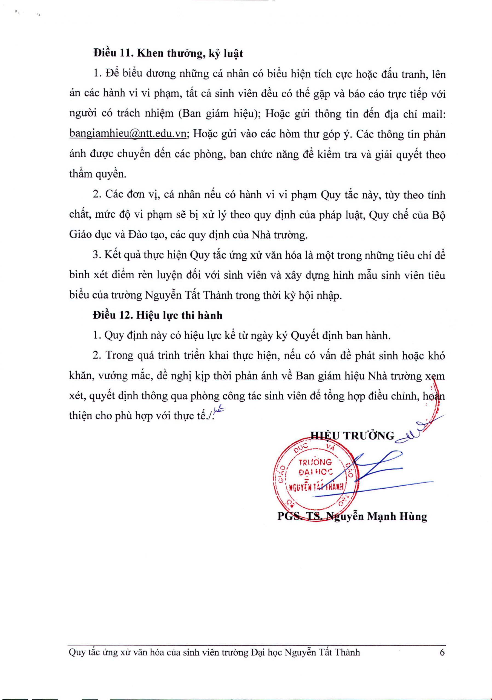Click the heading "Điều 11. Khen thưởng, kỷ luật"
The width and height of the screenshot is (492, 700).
[168, 54]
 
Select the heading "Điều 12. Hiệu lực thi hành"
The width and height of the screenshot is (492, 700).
[158, 316]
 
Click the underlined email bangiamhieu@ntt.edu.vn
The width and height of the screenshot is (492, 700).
[128, 134]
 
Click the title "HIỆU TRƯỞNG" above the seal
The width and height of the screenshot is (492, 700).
[353, 436]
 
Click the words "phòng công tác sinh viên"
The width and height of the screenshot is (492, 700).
[250, 396]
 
